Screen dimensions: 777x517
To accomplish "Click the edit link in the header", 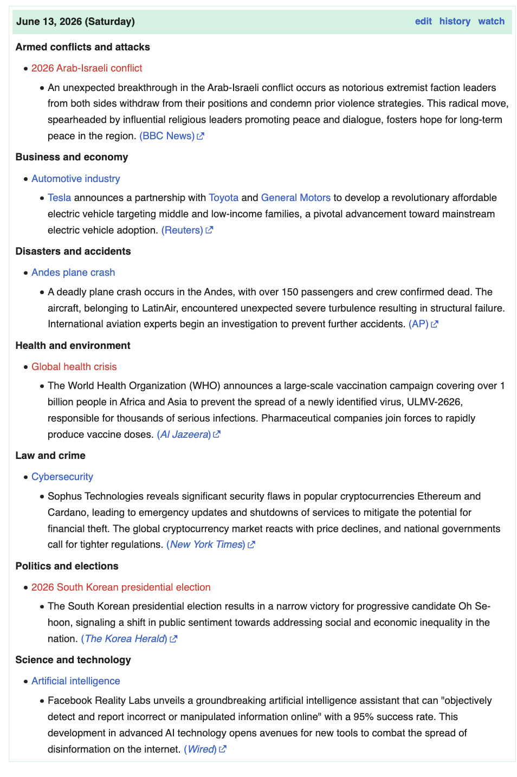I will coord(423,21).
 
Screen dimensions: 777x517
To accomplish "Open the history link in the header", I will coord(455,21).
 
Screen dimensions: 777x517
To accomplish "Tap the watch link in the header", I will coord(491,21).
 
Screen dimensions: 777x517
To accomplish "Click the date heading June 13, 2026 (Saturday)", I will coord(75,22).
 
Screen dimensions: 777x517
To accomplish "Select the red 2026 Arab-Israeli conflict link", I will coord(87,68).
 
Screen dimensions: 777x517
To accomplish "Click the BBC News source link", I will coord(167,136).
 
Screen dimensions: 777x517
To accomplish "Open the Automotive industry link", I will coord(76,179).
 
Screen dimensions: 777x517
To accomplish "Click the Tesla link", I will coord(60,198).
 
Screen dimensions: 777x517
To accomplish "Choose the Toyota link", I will coord(224,198).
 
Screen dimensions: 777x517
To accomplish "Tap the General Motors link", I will coord(296,198).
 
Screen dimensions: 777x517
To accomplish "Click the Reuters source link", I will coord(182,230).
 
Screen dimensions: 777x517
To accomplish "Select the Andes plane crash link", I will coord(73,273).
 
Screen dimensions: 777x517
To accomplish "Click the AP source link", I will coord(418,324).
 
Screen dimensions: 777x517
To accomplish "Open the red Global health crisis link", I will coord(74,367).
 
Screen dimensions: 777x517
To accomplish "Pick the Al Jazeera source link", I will coord(184,435).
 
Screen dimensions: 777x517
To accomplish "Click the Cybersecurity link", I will coord(62,477).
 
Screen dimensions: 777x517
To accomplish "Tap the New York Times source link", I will coord(206,545).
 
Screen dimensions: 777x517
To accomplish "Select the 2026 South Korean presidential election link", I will coord(121,587).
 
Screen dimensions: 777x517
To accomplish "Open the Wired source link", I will coord(201,749).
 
